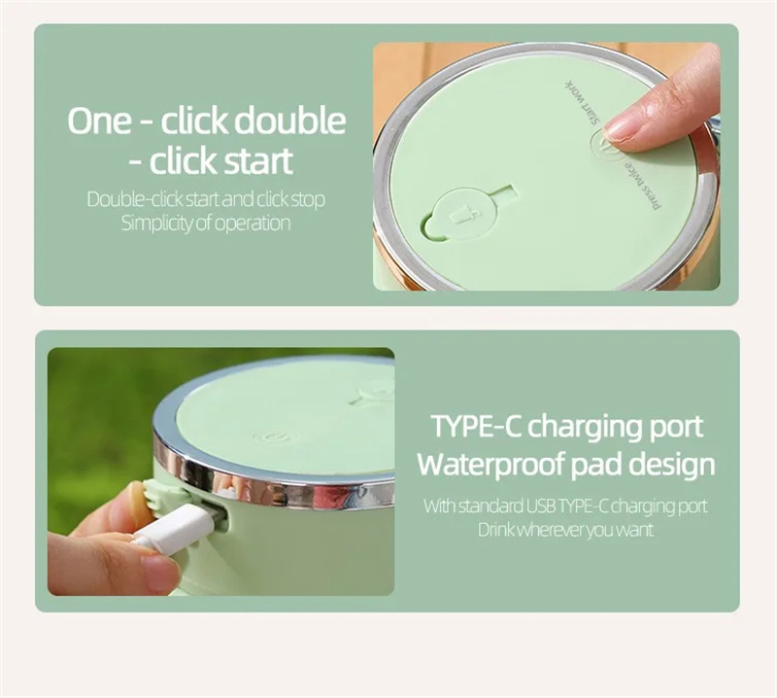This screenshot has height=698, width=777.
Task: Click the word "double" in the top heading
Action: click(x=289, y=121)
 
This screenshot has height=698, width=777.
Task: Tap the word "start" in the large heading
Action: click(x=258, y=161)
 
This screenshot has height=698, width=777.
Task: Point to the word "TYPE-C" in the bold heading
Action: click(x=476, y=426)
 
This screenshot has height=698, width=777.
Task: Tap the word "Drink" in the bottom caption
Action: click(x=496, y=530)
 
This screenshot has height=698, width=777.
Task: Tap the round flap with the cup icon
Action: click(x=459, y=214)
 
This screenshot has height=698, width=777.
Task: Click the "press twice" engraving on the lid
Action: click(x=643, y=185)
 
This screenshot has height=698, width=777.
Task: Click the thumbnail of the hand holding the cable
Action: click(x=158, y=573)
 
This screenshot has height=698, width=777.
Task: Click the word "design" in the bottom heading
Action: click(x=672, y=465)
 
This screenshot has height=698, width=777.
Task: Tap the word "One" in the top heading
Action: click(x=100, y=122)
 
